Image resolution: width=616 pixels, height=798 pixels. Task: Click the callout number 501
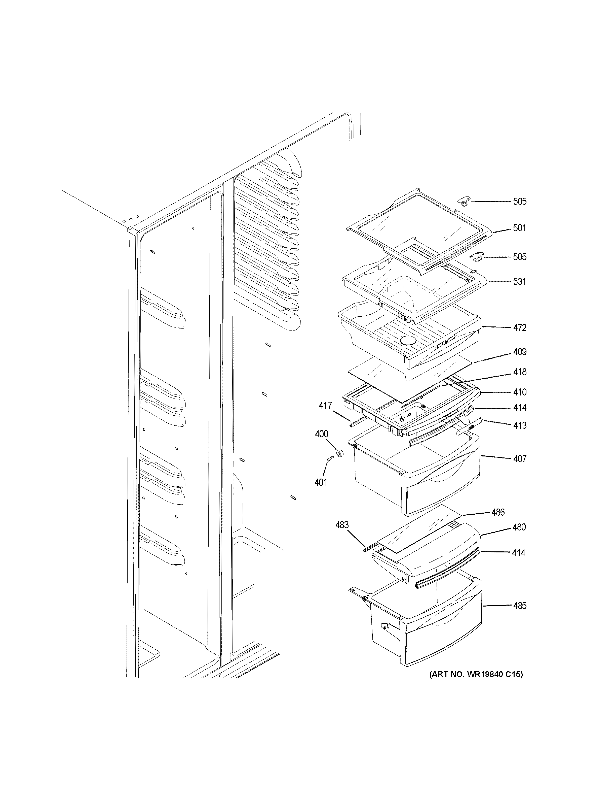pos(519,228)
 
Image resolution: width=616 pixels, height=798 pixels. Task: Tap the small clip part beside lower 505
pos(476,257)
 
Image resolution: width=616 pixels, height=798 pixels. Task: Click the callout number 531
pos(519,281)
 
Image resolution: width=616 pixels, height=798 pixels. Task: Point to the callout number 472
pos(519,327)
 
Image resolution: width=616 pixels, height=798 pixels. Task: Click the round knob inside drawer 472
pos(408,341)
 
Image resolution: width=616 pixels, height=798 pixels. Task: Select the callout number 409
pos(519,352)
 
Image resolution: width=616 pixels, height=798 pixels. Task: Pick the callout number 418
pos(519,372)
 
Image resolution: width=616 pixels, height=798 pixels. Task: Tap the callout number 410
pos(519,392)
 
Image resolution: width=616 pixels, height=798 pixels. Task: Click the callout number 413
pos(519,425)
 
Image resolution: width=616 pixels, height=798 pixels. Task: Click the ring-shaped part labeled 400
pos(340,454)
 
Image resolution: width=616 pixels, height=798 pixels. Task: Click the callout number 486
pos(498,512)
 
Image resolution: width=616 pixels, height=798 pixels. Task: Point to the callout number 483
pos(342,525)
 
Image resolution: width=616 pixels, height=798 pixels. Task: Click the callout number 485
pos(519,606)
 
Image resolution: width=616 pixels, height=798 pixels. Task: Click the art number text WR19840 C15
pos(476,674)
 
